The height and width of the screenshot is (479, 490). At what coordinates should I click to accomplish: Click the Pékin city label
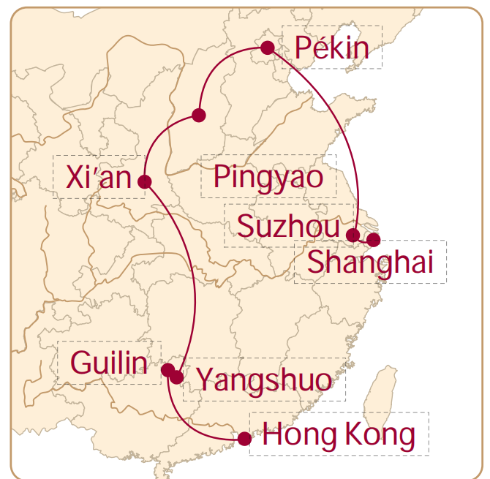coord(331,48)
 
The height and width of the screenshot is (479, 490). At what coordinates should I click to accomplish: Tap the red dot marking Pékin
coord(268,48)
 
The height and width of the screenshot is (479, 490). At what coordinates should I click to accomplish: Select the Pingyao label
coord(268,177)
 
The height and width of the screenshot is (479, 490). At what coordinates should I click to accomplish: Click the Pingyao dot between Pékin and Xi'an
coord(198,115)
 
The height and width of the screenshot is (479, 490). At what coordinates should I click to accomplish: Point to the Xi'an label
coord(97,177)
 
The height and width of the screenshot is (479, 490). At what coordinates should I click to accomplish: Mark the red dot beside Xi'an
coord(145,181)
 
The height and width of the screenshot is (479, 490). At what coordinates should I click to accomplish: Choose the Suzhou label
coord(288,227)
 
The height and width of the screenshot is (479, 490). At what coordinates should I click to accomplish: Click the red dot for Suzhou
coord(353,235)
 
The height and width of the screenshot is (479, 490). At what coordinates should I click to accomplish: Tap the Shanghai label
coord(370,262)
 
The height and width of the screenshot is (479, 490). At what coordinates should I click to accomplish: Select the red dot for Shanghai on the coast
coord(374,239)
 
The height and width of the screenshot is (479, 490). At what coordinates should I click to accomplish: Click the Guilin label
coord(108,361)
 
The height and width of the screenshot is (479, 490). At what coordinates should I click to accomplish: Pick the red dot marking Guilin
coord(167,369)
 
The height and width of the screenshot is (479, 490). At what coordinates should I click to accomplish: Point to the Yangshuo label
coord(264,379)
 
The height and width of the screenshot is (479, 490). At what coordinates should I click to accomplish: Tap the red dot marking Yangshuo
coord(177,377)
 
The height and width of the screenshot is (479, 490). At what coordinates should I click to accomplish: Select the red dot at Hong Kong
coord(244,439)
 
